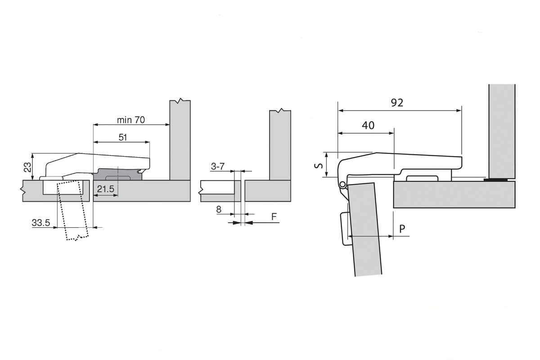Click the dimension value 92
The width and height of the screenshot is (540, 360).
(396, 103)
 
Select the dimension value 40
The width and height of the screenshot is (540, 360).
(368, 126)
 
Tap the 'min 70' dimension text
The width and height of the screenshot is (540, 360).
(131, 120)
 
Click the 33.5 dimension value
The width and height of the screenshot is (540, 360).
(40, 222)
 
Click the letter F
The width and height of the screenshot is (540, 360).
(274, 217)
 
